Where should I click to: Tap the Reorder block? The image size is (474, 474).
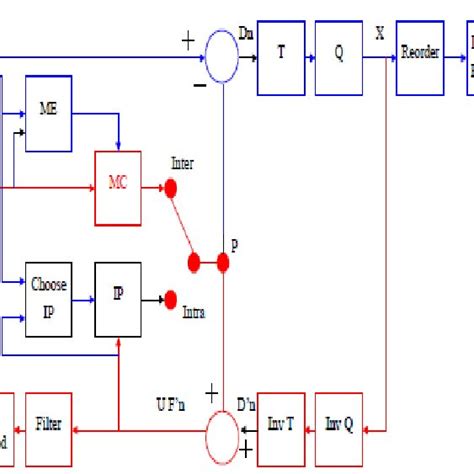coord(419,54)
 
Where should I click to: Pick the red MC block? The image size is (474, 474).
coord(118,186)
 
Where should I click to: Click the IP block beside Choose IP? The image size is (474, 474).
coord(118,297)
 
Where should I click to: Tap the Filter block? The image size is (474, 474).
coord(49,424)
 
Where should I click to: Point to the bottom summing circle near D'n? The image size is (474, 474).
coord(222,425)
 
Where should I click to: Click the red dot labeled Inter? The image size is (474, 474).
coord(170,187)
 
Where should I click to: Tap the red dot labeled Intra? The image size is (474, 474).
coord(170,297)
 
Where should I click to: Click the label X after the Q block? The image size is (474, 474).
coord(379,34)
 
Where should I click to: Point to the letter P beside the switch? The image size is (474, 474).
coord(234,245)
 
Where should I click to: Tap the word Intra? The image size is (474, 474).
coord(195,312)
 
